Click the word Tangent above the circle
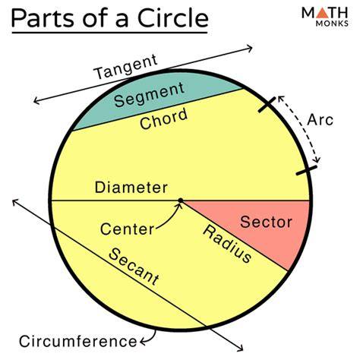click(x=126, y=66)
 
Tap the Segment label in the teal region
click(x=149, y=94)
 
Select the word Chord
click(x=164, y=118)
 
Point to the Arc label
click(x=320, y=120)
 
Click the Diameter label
click(x=131, y=188)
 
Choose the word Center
click(x=127, y=229)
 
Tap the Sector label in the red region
click(x=266, y=222)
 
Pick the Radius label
click(x=227, y=244)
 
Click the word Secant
click(x=134, y=267)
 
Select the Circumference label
click(x=78, y=341)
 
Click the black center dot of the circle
click(x=180, y=201)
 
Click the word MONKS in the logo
click(x=332, y=24)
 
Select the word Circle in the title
click(x=173, y=18)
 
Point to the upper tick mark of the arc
click(x=267, y=105)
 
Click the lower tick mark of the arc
click(x=306, y=170)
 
